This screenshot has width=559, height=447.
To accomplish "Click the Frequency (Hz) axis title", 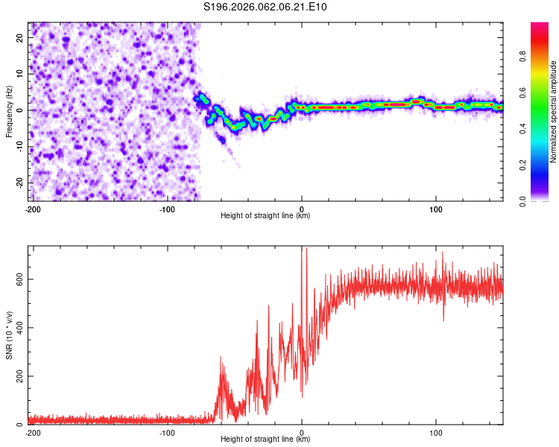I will (x=9, y=111).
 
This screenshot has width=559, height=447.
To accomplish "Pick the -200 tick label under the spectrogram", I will (x=32, y=209).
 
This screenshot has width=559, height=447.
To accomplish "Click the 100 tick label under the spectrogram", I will (x=435, y=209).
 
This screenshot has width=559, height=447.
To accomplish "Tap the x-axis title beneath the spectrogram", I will (x=265, y=216).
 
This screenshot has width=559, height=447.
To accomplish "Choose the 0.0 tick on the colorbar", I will (x=543, y=200).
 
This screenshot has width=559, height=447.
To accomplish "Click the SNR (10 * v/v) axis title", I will (x=9, y=335).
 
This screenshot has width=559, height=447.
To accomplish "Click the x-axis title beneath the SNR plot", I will (x=265, y=440).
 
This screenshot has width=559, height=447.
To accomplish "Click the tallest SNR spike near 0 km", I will (x=301, y=249).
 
